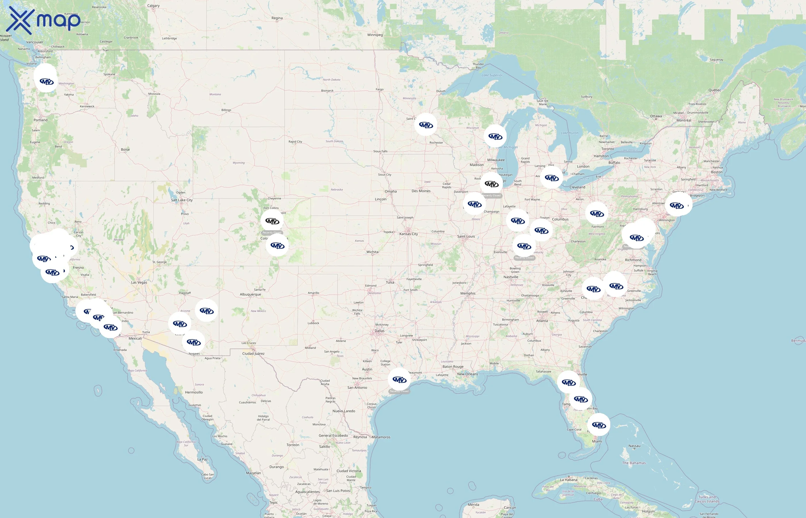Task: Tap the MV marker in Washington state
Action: tap(46, 81)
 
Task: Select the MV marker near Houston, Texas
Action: tap(399, 380)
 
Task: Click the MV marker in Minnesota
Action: tap(425, 125)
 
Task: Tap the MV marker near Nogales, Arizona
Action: tap(193, 342)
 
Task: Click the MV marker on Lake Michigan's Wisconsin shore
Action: tap(495, 136)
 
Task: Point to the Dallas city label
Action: tap(379, 331)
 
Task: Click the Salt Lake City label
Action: tap(182, 200)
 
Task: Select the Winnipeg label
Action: tap(375, 35)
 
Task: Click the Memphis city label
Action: tap(467, 293)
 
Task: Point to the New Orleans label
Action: tap(467, 374)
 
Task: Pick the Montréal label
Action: tap(684, 120)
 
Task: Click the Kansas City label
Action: tap(408, 234)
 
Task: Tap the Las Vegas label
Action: tap(139, 282)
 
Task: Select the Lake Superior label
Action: tap(492, 75)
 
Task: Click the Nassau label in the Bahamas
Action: tap(634, 446)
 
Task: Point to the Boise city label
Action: tap(125, 149)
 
